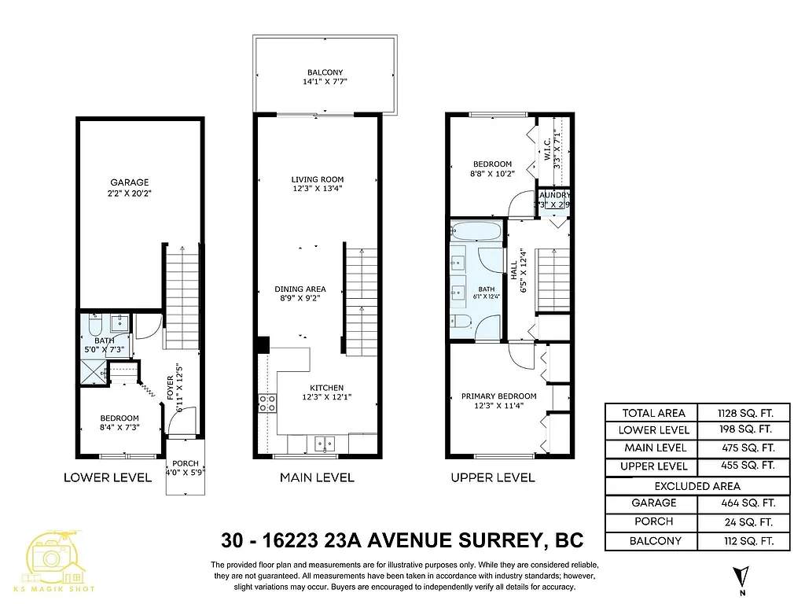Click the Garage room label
click(129, 182)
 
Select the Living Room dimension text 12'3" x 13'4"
click(317, 188)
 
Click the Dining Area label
click(300, 289)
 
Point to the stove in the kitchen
click(267, 403)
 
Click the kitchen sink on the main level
click(322, 444)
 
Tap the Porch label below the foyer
click(186, 463)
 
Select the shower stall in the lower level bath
click(93, 370)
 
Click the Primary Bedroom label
click(498, 396)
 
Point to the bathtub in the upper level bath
click(476, 232)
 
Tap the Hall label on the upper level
click(514, 270)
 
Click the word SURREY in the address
click(498, 540)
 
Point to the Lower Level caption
click(108, 477)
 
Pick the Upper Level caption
click(493, 477)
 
